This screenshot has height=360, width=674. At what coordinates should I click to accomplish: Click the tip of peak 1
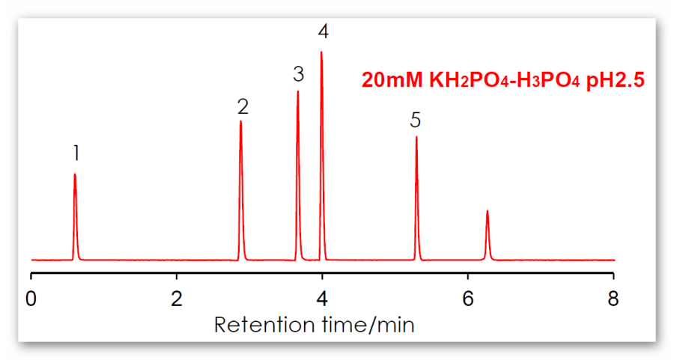[x=75, y=174]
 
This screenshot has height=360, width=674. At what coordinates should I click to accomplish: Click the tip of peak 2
[x=240, y=120]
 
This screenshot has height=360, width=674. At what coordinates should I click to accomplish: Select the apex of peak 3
[x=298, y=91]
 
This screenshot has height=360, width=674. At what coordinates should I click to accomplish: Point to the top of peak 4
[x=321, y=52]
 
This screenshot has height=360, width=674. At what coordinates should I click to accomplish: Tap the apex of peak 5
[x=416, y=137]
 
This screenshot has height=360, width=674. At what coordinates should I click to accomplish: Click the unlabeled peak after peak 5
[x=488, y=211]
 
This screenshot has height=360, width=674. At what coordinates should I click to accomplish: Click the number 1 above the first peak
[x=76, y=153]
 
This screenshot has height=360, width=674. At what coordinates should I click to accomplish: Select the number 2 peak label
[x=243, y=106]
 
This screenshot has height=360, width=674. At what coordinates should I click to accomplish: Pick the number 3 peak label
[x=299, y=74]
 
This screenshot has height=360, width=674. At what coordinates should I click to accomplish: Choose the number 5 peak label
[x=416, y=120]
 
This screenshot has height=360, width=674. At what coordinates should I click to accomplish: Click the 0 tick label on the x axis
[x=31, y=299]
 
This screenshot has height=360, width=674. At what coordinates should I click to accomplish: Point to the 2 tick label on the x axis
[x=177, y=299]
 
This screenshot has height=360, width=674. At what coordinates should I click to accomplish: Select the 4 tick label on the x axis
[x=322, y=299]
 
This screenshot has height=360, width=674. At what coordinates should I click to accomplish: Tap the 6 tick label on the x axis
[x=468, y=299]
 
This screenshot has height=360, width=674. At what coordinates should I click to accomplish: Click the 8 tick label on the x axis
[x=613, y=299]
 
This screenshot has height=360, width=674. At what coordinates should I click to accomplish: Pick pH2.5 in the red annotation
[x=615, y=80]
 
